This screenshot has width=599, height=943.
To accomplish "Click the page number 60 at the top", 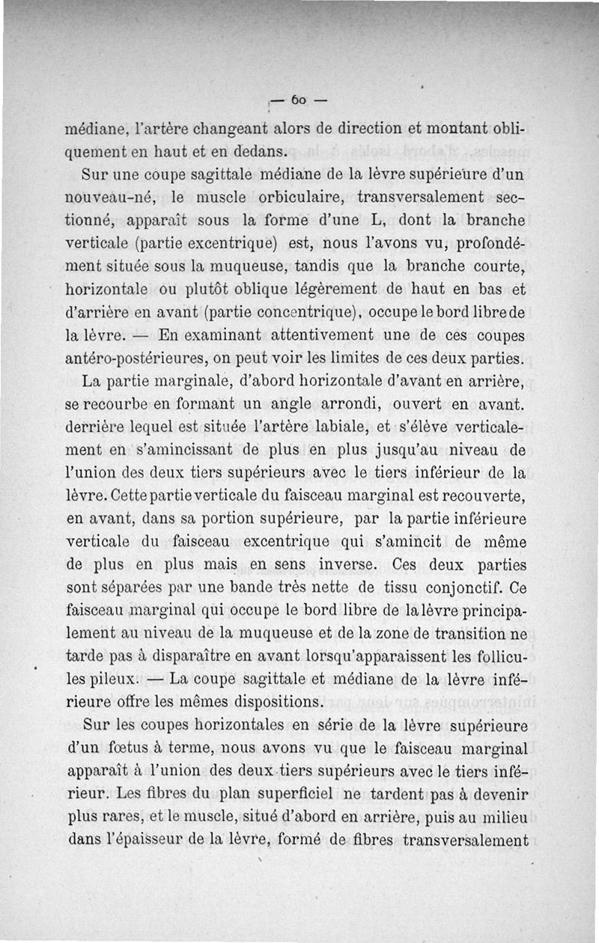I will [x=298, y=99].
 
